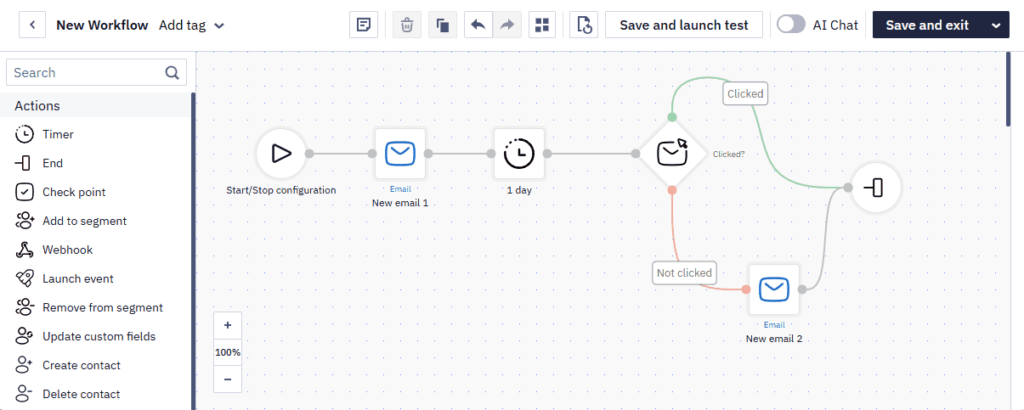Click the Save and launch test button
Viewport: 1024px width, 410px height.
pos(684,25)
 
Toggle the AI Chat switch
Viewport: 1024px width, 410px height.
pos(791,25)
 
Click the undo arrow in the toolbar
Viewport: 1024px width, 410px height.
pos(478,25)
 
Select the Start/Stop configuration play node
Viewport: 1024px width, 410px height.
pos(281,154)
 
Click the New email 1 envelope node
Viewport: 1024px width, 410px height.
pos(400,154)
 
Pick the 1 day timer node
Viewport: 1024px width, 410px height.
pos(519,154)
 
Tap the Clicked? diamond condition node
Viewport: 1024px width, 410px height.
pos(672,154)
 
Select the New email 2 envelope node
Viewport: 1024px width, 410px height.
pos(774,289)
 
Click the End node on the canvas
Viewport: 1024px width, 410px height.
pos(875,188)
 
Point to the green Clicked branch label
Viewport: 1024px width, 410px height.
pos(745,93)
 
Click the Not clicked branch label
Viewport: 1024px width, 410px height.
pos(684,273)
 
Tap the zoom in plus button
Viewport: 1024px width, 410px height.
pos(228,325)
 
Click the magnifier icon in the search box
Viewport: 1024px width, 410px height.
pos(172,73)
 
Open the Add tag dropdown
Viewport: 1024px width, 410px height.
pos(191,25)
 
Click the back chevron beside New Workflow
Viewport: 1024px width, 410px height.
pos(32,25)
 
